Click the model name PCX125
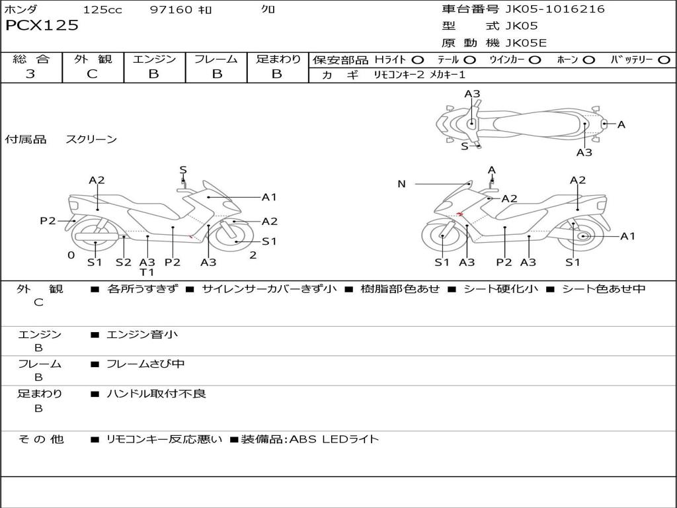coord(42,26)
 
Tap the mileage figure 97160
coord(172,9)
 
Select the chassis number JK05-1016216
coord(555,9)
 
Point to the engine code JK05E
coord(526,44)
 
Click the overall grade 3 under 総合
coord(30,74)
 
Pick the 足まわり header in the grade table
coord(278,59)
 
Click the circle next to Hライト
coord(417,60)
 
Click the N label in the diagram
coord(401,184)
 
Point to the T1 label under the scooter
coord(147,273)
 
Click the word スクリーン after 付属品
coord(91,139)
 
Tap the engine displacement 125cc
coord(102,9)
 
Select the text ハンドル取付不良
coord(157,394)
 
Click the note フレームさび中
coord(145,364)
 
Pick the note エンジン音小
coord(142,335)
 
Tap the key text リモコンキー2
coord(399,75)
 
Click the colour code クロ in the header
coord(268,9)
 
